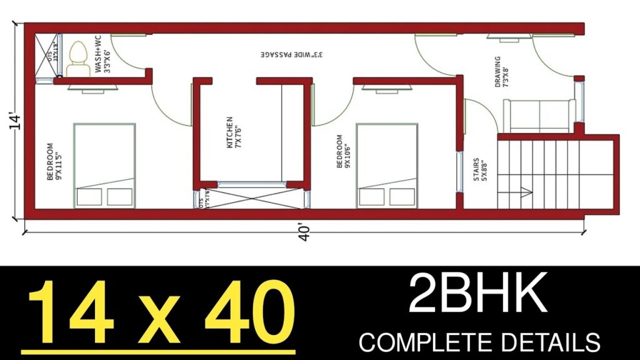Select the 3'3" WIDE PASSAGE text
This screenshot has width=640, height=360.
tap(292, 54)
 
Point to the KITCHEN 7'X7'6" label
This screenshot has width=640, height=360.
tap(234, 132)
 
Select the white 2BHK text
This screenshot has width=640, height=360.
tap(478, 296)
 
